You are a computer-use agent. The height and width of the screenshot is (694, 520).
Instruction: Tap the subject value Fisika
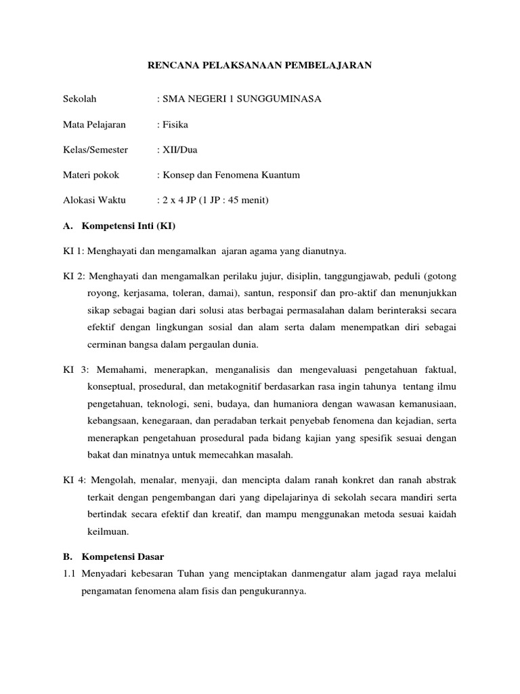pos(175,125)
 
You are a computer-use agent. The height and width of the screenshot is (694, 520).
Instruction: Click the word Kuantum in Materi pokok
pos(282,175)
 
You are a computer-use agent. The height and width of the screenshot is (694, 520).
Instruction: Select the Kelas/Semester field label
pos(95,150)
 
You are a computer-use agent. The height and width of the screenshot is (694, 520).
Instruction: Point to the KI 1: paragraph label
pos(73,251)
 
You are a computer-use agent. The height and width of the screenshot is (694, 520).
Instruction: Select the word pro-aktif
pos(349,293)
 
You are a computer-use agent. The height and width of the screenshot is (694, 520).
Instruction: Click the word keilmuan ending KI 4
pos(106,531)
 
